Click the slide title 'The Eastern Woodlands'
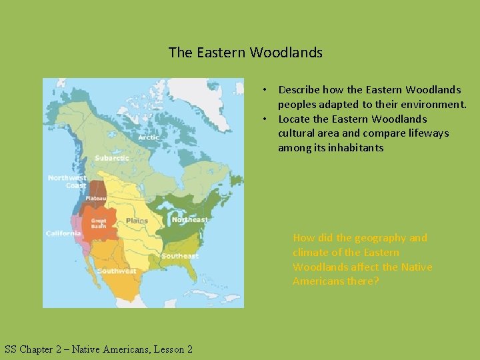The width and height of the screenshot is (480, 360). (245, 52)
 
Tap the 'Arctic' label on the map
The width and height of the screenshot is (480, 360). (148, 137)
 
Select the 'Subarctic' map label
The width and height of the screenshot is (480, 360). (111, 158)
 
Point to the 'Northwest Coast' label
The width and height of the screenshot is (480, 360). (67, 181)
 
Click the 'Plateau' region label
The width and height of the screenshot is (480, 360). (95, 198)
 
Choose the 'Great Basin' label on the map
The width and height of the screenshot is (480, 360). (99, 223)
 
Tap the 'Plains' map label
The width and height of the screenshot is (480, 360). (137, 221)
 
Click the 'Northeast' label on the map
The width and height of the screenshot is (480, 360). (189, 219)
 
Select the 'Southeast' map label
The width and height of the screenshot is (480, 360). (179, 256)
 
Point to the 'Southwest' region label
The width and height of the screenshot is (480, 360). (117, 271)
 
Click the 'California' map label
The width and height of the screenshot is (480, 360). (63, 233)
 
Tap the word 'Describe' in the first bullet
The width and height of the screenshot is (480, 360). (300, 89)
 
